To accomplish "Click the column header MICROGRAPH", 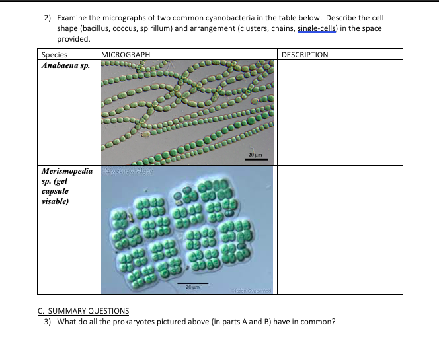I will click(x=125, y=54).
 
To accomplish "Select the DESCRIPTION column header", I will click(x=305, y=54).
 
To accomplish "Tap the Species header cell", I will click(x=54, y=54).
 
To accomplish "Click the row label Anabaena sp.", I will click(x=65, y=65).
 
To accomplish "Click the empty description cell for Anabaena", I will click(x=340, y=112).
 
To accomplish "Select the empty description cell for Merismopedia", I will click(x=340, y=229).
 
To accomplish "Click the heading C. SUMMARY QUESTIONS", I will click(x=83, y=311).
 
